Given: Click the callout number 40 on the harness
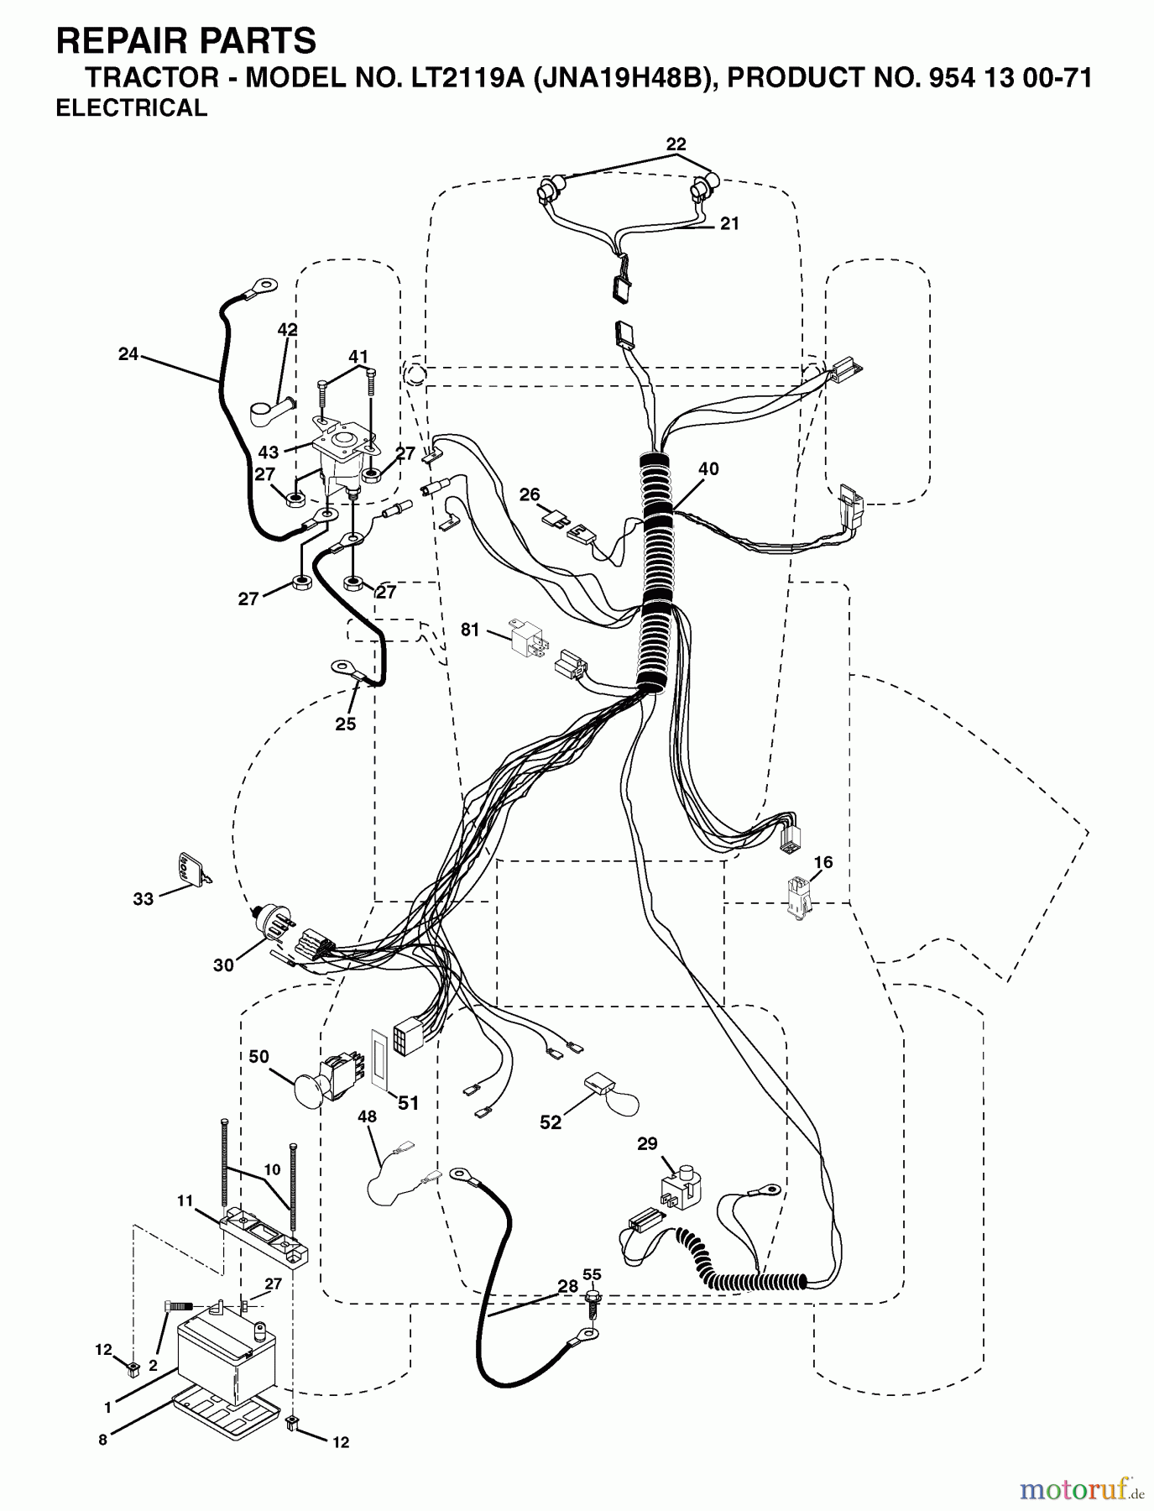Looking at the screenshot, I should (x=708, y=469).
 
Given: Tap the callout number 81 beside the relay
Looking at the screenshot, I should (x=470, y=629).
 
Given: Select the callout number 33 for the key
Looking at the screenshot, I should (x=144, y=899).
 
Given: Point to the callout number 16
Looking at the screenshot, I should (x=822, y=862).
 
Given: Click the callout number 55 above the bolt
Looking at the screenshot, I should (x=592, y=1274).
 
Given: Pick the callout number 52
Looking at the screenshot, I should (x=551, y=1122).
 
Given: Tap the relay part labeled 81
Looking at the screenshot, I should (x=524, y=637).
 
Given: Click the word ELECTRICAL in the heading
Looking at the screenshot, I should (x=131, y=108).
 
